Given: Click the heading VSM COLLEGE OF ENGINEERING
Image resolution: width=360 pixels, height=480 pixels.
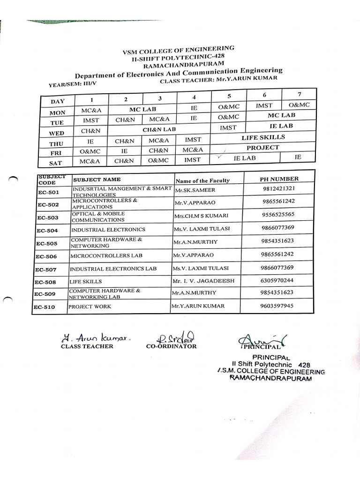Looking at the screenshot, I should pyautogui.click(x=178, y=50).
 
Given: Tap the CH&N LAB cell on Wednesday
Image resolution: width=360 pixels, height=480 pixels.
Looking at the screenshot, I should pyautogui.click(x=159, y=129).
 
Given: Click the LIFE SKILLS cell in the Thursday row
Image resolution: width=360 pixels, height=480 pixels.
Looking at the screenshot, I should pyautogui.click(x=263, y=137).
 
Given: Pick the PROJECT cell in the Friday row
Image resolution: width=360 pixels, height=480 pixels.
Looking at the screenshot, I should pyautogui.click(x=263, y=148).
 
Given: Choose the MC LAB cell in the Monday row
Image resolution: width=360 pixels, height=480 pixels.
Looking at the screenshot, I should pyautogui.click(x=142, y=109).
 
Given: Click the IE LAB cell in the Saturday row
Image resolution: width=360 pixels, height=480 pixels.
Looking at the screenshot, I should pyautogui.click(x=245, y=158).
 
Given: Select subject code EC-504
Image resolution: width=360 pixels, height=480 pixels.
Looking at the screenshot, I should pyautogui.click(x=47, y=230).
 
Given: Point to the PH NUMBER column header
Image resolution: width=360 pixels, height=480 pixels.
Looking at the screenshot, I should pyautogui.click(x=279, y=179).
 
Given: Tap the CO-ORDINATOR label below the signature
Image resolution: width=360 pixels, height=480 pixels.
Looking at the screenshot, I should pyautogui.click(x=171, y=346).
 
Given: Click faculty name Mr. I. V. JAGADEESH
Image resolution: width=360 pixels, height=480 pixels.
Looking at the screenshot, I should pyautogui.click(x=203, y=281).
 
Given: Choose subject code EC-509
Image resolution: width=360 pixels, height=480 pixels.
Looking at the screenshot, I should pyautogui.click(x=45, y=294).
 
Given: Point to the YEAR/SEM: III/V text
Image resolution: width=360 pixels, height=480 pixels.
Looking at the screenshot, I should pyautogui.click(x=73, y=84).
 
